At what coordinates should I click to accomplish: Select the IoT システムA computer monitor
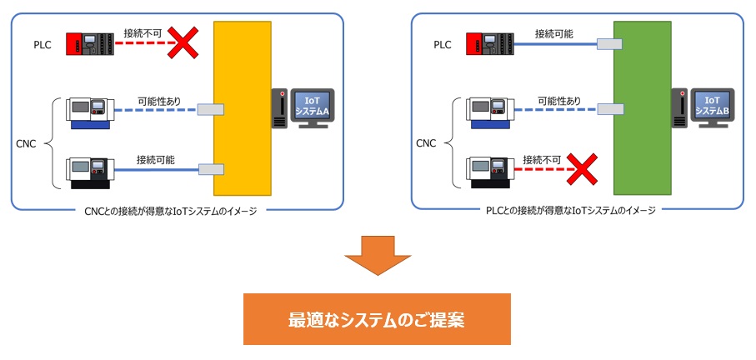tap(312, 107)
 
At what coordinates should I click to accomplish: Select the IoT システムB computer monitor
tap(712, 107)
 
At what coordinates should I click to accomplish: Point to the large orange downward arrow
tap(378, 255)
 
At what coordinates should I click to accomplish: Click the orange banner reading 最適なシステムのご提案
tap(377, 318)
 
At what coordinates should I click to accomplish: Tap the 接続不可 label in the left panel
tap(142, 32)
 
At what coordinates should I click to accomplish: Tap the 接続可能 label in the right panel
tap(554, 32)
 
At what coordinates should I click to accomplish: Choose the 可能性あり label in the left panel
tap(159, 101)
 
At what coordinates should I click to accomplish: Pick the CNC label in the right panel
tap(426, 143)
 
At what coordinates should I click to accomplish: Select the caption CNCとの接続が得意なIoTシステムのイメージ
tap(171, 210)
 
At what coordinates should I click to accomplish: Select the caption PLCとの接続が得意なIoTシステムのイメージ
tap(572, 210)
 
